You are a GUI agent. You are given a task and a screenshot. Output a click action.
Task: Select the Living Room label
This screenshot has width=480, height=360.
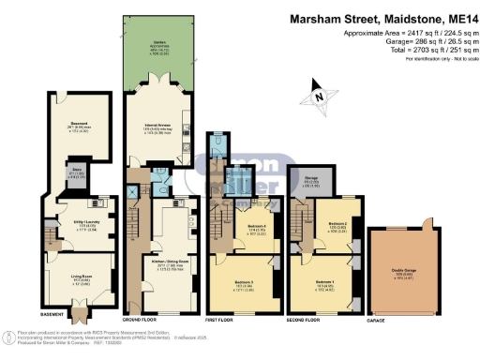point(72,277)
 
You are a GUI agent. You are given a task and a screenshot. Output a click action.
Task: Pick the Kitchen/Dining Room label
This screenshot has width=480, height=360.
point(163,263)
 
